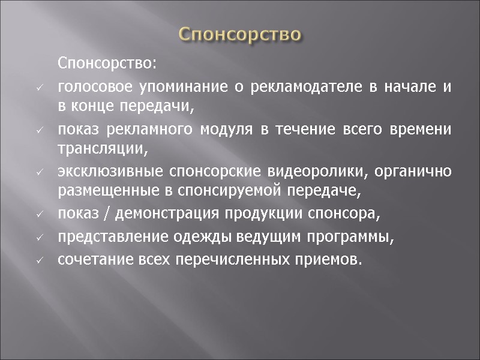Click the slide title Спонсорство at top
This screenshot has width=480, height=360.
click(240, 34)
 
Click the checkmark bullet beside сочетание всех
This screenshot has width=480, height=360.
click(38, 262)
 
